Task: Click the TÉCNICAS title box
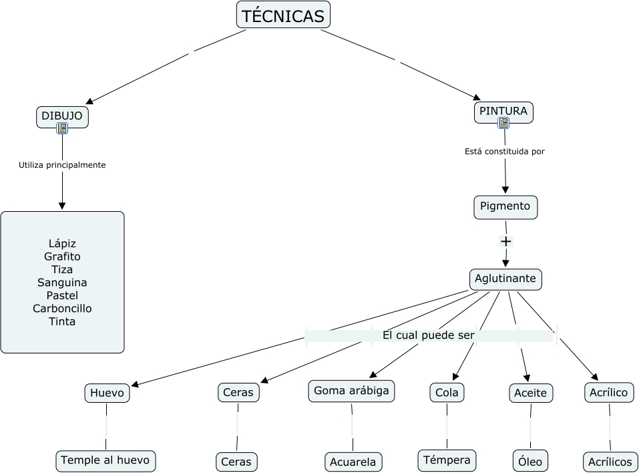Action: tap(283, 15)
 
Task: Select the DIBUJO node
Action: tap(62, 116)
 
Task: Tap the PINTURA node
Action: tap(503, 111)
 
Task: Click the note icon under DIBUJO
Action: tap(62, 128)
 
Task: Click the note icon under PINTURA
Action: tap(503, 123)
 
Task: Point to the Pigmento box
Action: tap(505, 206)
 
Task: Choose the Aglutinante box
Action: tap(505, 279)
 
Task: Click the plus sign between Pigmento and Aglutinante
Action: tap(505, 241)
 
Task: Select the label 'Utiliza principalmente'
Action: tap(62, 165)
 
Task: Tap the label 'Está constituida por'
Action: tap(505, 152)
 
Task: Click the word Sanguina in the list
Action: tap(62, 283)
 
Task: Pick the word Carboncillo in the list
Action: tap(62, 309)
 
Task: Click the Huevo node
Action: tap(107, 393)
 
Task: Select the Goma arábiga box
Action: tap(351, 391)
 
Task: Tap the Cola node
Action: tap(447, 393)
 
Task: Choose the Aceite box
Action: tap(531, 393)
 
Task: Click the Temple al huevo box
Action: tap(106, 460)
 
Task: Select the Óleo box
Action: tap(530, 460)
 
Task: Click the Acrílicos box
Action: tap(610, 462)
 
